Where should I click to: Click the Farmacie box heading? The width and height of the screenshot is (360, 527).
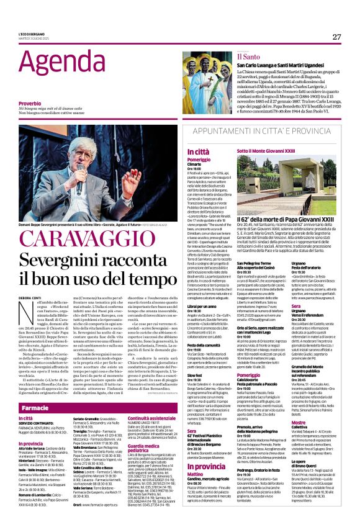35,408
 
